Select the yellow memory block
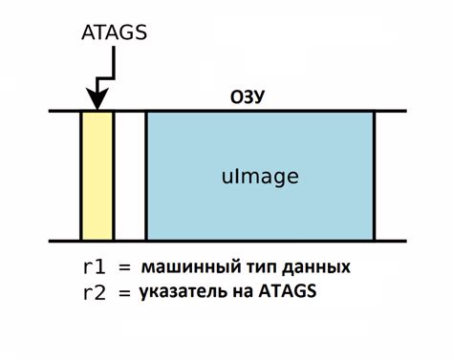coord(97,176)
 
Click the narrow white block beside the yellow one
coord(129,176)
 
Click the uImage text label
coord(260,177)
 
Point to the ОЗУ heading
coord(248,97)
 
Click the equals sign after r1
coord(125,265)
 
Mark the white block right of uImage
coord(390,176)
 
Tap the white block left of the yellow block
coord(64,176)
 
